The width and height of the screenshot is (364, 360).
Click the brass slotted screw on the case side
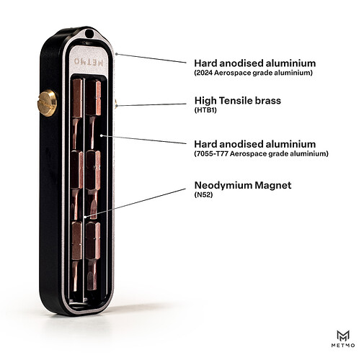47,103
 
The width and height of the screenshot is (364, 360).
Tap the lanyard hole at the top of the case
89,33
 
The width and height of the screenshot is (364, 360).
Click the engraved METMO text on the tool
89,62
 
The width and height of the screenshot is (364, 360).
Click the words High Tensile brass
238,101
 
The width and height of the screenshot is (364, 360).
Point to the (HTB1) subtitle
205,110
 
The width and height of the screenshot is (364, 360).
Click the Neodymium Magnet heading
243,185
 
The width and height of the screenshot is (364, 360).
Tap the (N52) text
203,195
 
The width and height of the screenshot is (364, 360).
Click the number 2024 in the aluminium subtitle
204,73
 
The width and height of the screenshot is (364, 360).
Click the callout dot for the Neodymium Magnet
85,217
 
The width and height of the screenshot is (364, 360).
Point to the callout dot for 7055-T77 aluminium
102,135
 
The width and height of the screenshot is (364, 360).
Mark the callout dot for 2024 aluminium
116,54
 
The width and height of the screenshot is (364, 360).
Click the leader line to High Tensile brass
151,104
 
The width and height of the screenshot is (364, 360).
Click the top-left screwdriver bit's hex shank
77,98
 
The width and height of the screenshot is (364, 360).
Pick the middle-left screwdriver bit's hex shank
77,169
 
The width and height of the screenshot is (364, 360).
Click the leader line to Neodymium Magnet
136,203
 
